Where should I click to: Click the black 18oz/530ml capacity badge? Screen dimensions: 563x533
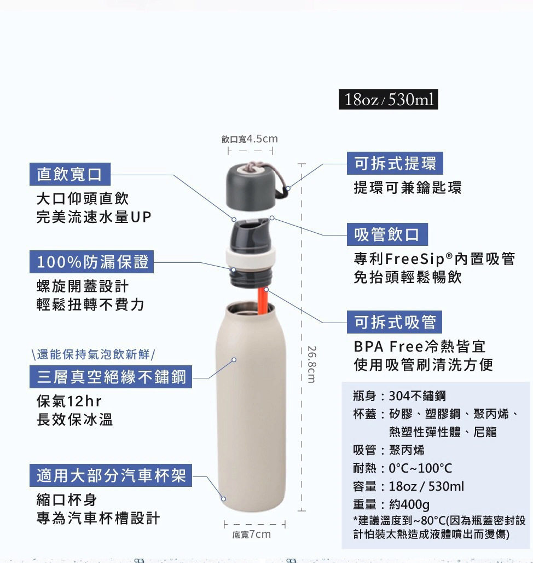click(389, 100)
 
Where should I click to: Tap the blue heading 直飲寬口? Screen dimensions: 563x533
click(69, 175)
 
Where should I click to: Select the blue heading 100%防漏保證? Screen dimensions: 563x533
click(92, 262)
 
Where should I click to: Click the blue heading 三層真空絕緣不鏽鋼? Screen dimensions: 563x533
click(112, 377)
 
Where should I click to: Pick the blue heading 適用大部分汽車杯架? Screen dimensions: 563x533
click(112, 475)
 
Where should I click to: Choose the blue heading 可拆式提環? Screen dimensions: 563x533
click(395, 163)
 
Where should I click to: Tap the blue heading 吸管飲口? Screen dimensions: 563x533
click(387, 234)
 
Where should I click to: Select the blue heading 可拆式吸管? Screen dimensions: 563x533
click(395, 322)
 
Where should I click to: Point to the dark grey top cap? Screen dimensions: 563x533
click(250, 178)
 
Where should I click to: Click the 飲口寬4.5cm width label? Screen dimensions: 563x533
click(250, 139)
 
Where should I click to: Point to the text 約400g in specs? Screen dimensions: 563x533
click(409, 504)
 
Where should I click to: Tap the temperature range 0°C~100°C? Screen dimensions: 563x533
click(420, 468)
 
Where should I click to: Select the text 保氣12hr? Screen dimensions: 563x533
click(69, 401)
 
